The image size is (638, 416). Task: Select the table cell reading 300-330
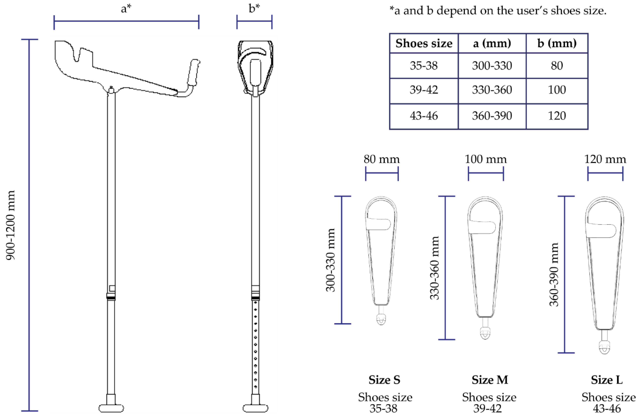[x=492, y=66]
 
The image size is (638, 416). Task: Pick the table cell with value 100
[x=557, y=90]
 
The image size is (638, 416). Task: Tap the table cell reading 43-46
[x=424, y=116]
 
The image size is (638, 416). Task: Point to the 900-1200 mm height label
[x=11, y=225]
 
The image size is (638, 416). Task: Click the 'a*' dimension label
[x=126, y=9]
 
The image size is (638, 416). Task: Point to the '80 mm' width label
[x=381, y=159]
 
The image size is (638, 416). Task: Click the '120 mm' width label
[x=605, y=159]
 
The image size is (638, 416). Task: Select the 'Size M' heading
[x=490, y=380]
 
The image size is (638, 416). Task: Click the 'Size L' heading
[x=607, y=380]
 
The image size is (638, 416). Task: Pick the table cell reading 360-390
[x=492, y=116]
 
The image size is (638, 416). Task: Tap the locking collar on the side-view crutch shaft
[x=111, y=297]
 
